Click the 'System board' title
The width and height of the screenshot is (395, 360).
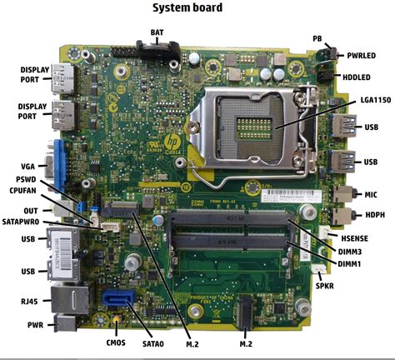[197, 8]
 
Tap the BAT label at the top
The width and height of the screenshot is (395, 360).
[157, 32]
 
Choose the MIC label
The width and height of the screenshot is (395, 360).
[371, 194]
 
